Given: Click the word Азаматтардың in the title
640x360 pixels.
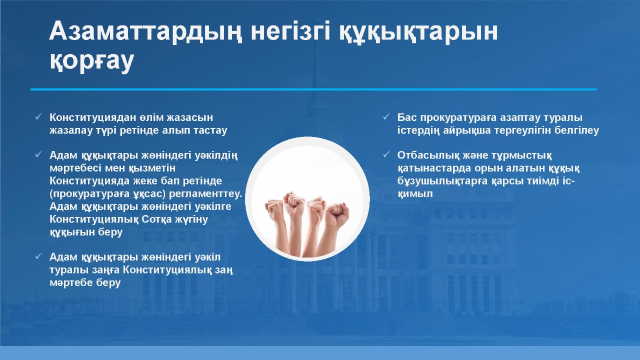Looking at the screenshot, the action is (x=145, y=31).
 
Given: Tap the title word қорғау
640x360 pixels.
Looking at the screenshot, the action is (x=92, y=61).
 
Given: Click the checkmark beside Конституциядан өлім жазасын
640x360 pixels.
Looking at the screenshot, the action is (x=38, y=116).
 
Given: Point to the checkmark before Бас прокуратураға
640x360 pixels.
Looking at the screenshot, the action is (x=386, y=116).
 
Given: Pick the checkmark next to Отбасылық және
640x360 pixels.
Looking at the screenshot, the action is (x=386, y=154).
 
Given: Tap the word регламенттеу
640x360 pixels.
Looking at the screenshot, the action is (x=205, y=194).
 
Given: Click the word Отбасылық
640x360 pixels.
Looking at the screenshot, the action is (x=424, y=155).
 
